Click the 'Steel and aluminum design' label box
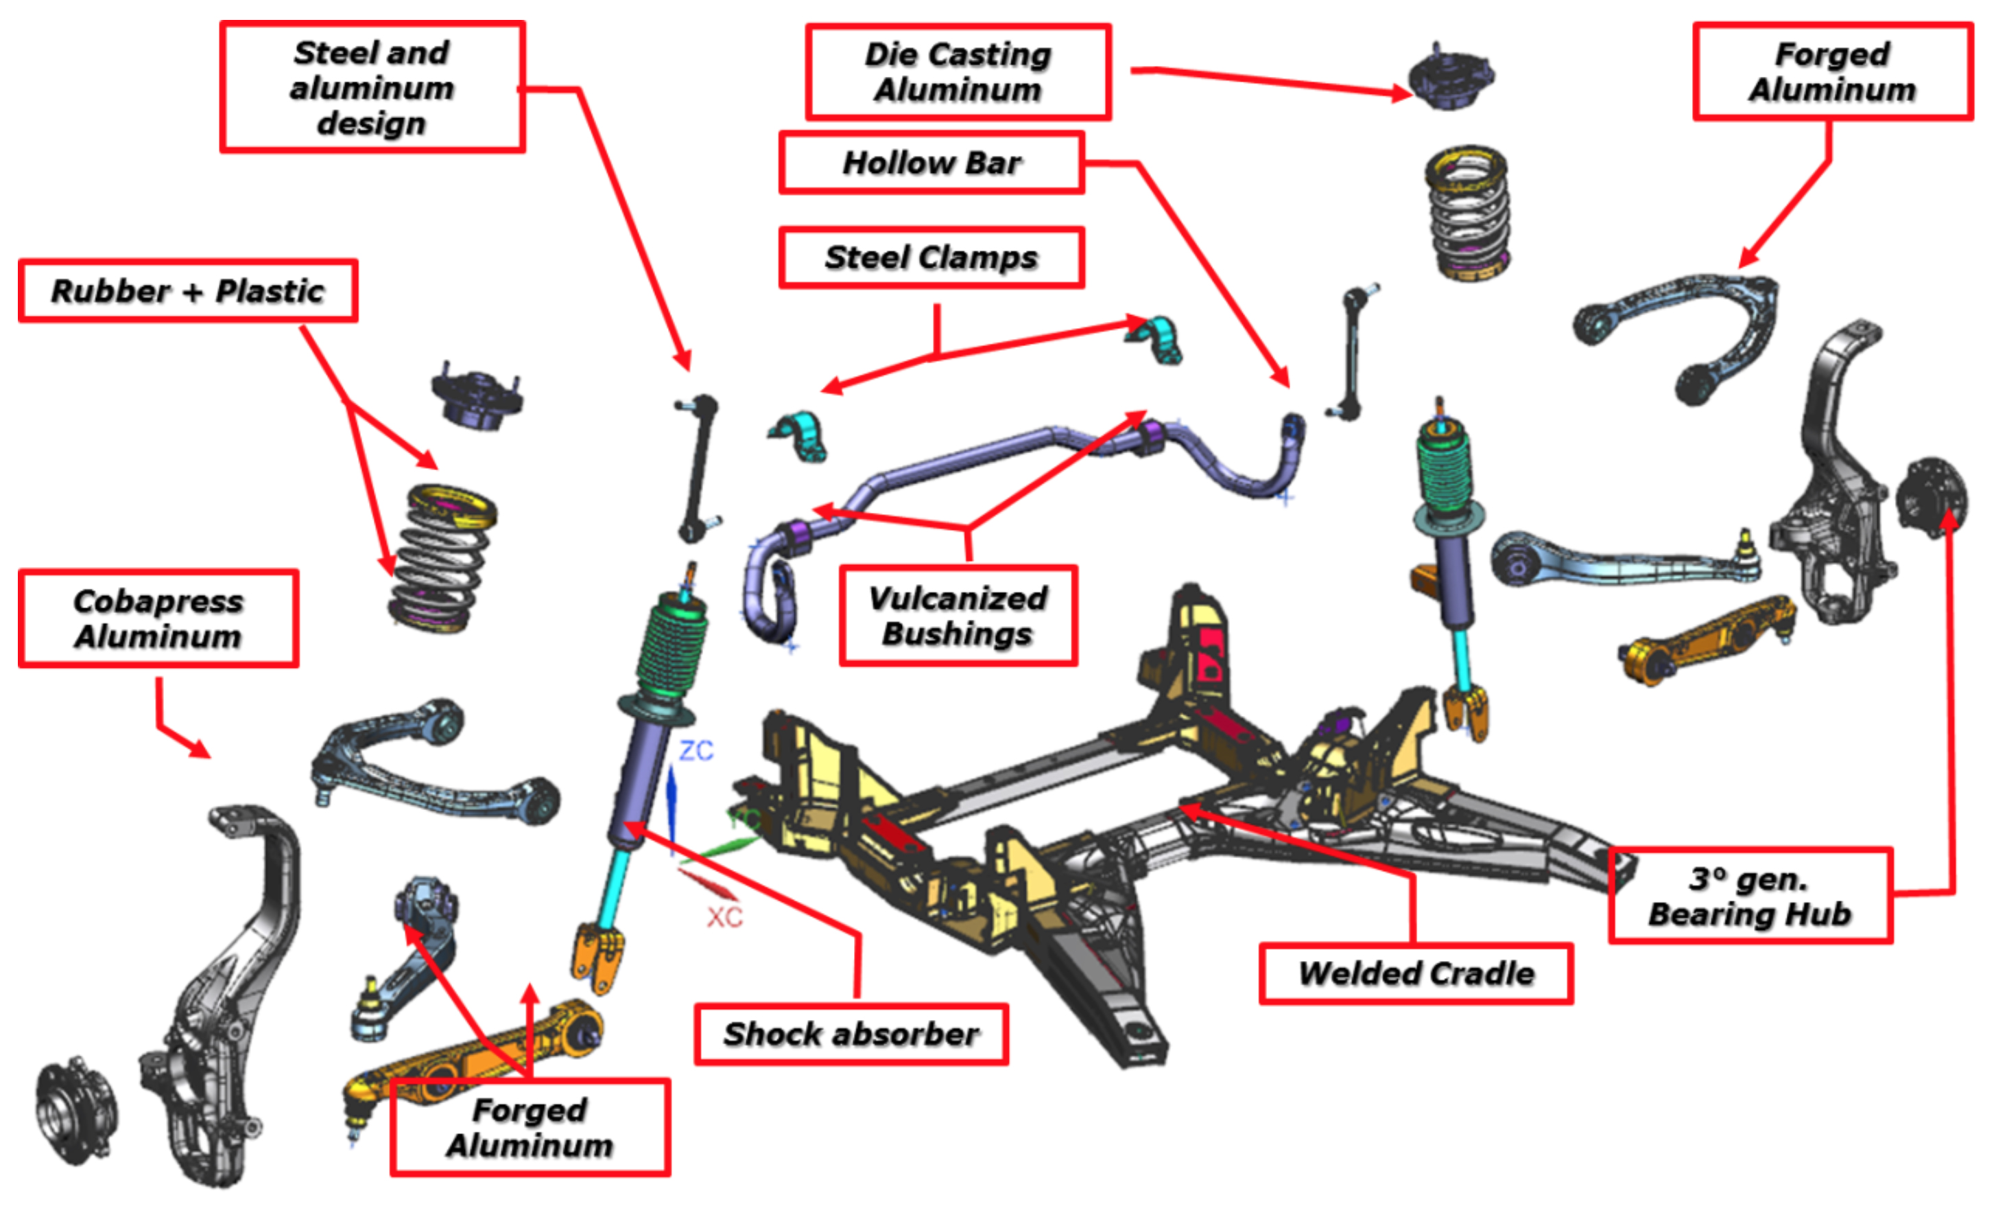click(372, 87)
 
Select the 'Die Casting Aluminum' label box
click(958, 71)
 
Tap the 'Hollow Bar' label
click(931, 163)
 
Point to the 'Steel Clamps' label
click(931, 257)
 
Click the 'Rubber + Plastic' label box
click(188, 291)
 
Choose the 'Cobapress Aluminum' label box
click(159, 618)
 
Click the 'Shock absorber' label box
click(851, 1034)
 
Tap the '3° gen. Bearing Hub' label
click(1750, 896)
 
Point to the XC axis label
click(724, 918)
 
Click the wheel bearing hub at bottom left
click(75, 1112)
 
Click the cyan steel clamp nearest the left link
click(800, 436)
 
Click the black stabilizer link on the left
click(697, 469)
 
